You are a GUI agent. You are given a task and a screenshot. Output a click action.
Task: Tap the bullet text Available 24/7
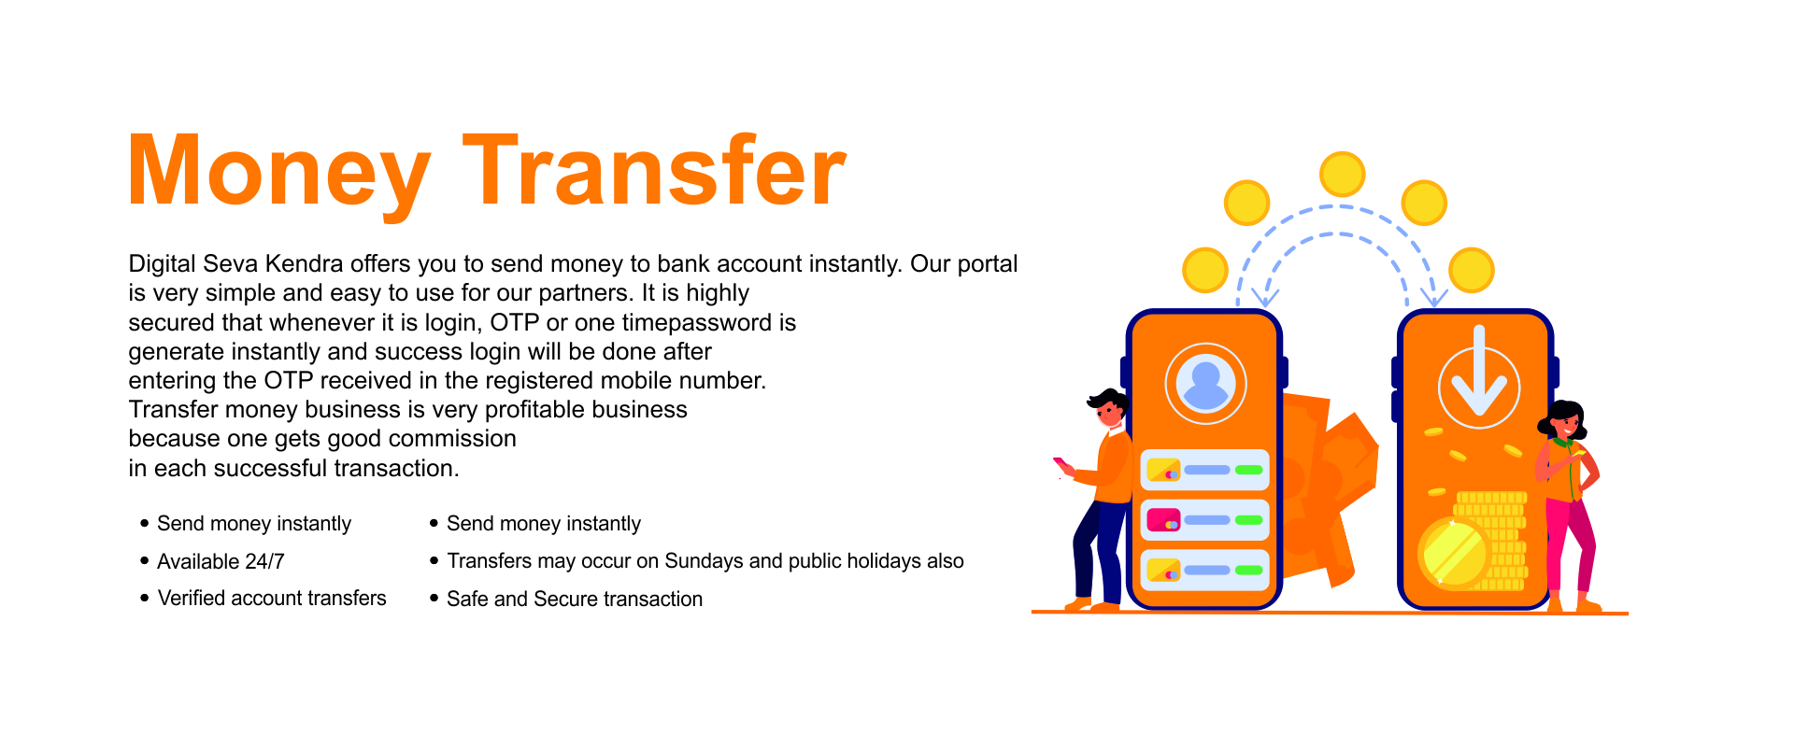click(221, 561)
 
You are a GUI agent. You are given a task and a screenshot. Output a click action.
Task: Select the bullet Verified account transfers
click(272, 598)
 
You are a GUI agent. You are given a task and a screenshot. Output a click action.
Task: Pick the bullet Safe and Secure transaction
click(575, 599)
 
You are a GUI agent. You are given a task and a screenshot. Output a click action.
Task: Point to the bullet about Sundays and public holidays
click(705, 561)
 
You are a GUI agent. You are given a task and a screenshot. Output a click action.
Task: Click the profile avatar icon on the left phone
click(1205, 384)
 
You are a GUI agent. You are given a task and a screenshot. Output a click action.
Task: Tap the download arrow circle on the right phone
click(1479, 385)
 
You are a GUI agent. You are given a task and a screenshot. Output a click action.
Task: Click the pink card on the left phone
click(1163, 520)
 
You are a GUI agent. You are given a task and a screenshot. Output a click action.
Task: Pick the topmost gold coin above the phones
click(1343, 175)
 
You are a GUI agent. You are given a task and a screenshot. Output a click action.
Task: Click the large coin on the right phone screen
click(1453, 554)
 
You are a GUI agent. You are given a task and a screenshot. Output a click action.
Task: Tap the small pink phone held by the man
click(1062, 465)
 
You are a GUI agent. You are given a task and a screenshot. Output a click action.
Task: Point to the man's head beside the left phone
click(1109, 408)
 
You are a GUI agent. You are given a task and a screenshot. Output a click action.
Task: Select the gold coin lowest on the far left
click(1205, 271)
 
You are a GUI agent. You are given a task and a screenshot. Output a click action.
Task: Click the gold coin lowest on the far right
click(1472, 271)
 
